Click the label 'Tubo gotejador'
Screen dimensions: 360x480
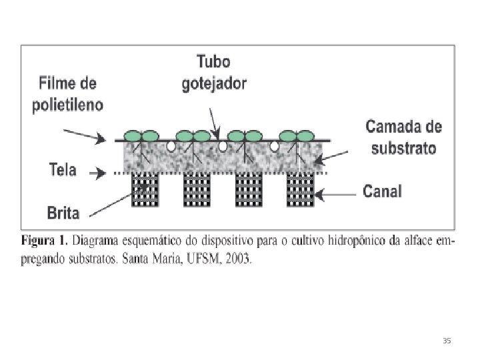(214, 73)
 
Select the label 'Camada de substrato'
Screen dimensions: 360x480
(403, 136)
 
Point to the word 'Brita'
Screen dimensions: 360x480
(63, 213)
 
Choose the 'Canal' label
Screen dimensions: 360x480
(382, 192)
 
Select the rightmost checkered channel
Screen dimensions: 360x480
(300, 191)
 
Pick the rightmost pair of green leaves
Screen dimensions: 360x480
(297, 135)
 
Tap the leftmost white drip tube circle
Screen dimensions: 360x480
(171, 144)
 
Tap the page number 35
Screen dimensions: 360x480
(447, 341)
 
